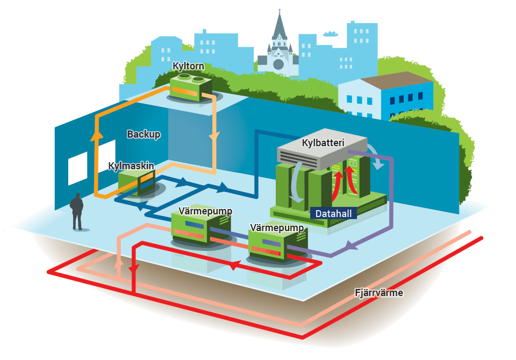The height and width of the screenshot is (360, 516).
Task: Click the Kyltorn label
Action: pyautogui.click(x=188, y=66)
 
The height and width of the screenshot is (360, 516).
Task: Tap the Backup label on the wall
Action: pyautogui.click(x=144, y=134)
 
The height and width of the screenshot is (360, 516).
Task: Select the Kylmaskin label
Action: pyautogui.click(x=131, y=166)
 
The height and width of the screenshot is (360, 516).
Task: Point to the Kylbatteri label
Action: pyautogui.click(x=323, y=143)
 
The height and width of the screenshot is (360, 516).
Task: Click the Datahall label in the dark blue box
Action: pyautogui.click(x=333, y=213)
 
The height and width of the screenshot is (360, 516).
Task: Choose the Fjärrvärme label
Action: pyautogui.click(x=379, y=292)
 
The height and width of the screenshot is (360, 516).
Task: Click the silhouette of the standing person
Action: pyautogui.click(x=77, y=211)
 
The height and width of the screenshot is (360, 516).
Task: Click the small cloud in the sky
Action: pyautogui.click(x=331, y=33)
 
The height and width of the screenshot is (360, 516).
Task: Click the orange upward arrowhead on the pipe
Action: pyautogui.click(x=97, y=135)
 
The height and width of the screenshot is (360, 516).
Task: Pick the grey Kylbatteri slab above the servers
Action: pyautogui.click(x=322, y=149)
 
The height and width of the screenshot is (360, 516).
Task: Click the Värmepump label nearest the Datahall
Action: pyautogui.click(x=277, y=228)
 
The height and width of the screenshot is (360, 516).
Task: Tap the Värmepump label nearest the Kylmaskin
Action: pyautogui.click(x=205, y=211)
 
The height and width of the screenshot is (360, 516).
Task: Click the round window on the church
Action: pyautogui.click(x=278, y=64)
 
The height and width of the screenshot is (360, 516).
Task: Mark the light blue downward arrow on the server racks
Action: pyautogui.click(x=297, y=182)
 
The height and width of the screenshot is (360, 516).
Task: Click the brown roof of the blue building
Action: pyautogui.click(x=396, y=80)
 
